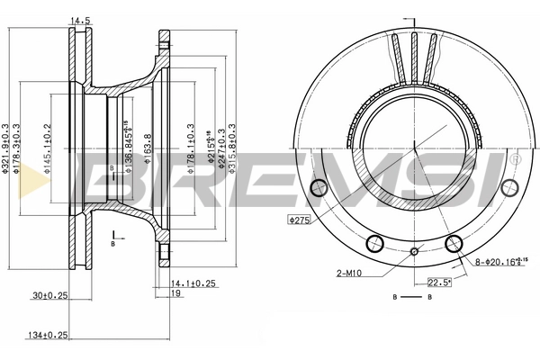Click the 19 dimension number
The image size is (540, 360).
[x=178, y=294]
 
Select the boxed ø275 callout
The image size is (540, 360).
[x=299, y=220]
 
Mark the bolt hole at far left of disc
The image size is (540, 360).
[x=317, y=188]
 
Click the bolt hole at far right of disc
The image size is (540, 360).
[x=510, y=188]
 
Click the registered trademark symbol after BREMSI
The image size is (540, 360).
[x=513, y=159]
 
